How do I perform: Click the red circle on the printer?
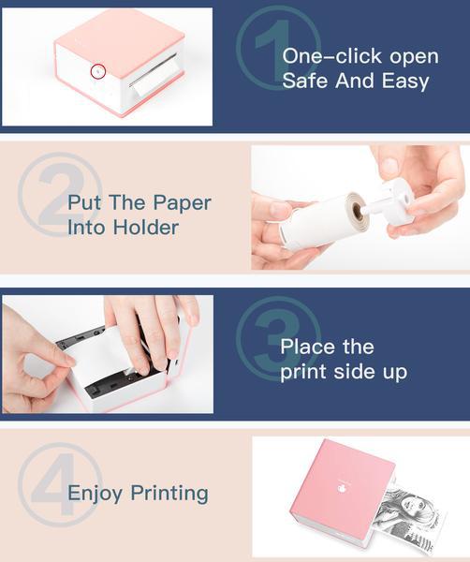point(97,71)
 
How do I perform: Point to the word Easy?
point(405,81)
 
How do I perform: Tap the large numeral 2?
point(60,194)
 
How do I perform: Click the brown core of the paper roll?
point(358,213)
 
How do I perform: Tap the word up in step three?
point(395,373)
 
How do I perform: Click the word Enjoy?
point(95,494)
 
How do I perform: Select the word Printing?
point(169,494)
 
